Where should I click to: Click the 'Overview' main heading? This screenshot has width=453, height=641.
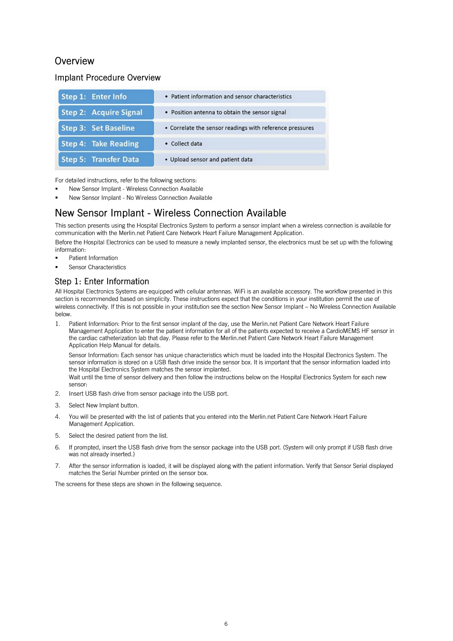[x=74, y=61]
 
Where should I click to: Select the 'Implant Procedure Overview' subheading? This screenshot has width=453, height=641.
[x=108, y=78]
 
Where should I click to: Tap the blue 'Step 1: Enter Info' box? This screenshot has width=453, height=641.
[x=106, y=97]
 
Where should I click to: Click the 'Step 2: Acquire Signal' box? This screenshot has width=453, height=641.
[x=106, y=113]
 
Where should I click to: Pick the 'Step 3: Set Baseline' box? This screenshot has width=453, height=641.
[x=106, y=128]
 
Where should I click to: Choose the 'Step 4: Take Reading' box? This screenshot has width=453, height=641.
[x=106, y=144]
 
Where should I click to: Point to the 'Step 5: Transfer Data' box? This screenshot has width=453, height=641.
[x=106, y=160]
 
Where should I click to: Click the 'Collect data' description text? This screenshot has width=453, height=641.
[x=186, y=144]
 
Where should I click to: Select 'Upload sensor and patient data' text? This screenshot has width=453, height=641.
[x=211, y=160]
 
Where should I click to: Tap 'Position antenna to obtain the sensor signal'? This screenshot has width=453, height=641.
[x=228, y=113]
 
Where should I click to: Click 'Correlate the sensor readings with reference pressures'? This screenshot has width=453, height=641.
[x=242, y=128]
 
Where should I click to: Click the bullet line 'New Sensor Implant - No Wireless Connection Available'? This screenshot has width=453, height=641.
[x=140, y=198]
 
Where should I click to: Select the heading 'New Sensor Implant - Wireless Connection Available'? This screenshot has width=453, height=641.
[x=170, y=213]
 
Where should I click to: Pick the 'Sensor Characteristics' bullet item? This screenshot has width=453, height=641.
[x=97, y=267]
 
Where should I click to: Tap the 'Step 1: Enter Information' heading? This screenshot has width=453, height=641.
[x=102, y=282]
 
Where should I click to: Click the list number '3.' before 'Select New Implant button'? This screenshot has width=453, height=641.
[x=57, y=406]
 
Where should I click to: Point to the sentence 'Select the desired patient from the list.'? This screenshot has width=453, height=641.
[x=118, y=436]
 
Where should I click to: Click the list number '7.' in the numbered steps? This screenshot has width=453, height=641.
[x=57, y=466]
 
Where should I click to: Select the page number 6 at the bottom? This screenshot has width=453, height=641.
[x=226, y=624]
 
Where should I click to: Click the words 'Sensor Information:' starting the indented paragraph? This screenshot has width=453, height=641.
[x=94, y=355]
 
